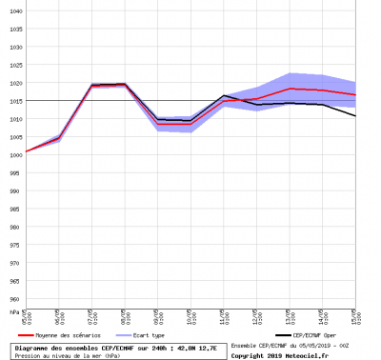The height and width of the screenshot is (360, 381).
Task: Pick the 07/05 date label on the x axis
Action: [91, 317]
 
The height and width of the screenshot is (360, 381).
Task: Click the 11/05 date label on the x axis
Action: [223, 317]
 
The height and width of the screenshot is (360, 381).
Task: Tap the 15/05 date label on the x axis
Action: [353, 317]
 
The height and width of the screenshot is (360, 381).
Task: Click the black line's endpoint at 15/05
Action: [355, 116]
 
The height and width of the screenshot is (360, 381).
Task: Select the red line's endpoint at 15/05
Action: [355, 94]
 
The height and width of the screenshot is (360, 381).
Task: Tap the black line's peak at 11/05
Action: [223, 95]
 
